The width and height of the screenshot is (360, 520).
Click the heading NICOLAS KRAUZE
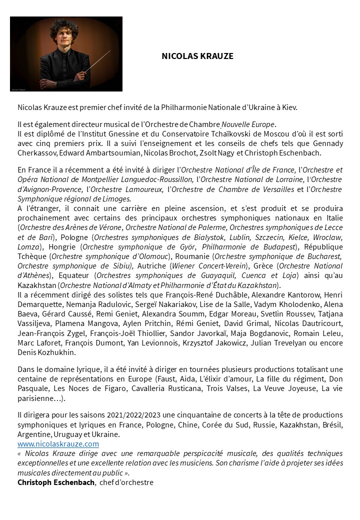coord(197,57)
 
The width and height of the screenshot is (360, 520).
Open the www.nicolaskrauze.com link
coord(58,443)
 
